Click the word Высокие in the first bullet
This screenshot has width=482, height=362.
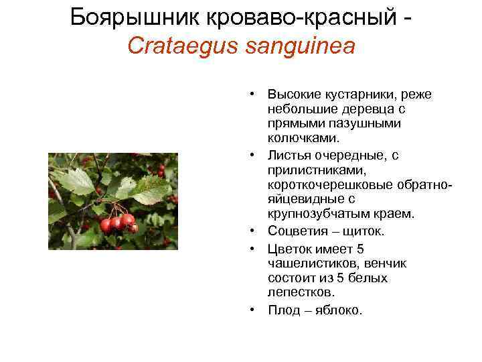(x=291, y=94)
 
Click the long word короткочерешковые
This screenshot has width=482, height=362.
(x=325, y=185)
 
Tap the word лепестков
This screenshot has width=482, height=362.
(x=301, y=293)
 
